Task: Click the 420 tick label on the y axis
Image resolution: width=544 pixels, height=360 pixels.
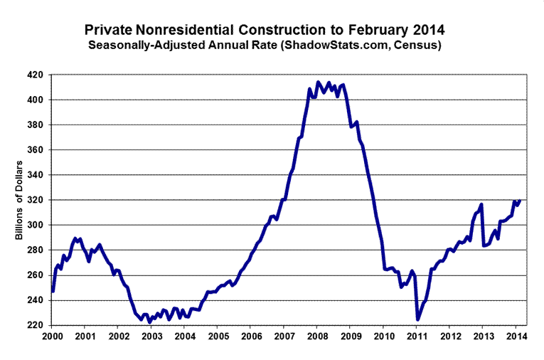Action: pos(36,75)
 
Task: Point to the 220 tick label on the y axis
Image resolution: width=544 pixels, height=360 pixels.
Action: pos(36,325)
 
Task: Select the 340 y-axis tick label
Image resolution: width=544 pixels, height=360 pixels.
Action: pos(36,175)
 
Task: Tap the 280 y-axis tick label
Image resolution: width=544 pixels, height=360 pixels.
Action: pos(36,250)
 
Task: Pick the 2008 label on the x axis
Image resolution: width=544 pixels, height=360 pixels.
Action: pos(317,336)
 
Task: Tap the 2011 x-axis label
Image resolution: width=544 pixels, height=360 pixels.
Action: pos(417,336)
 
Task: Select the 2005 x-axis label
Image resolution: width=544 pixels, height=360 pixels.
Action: pos(218,336)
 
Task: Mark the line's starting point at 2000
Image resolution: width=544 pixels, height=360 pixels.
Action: pos(53,292)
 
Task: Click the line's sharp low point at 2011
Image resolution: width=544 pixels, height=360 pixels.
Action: pos(418,319)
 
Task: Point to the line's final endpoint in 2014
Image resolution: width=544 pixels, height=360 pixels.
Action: pos(520,201)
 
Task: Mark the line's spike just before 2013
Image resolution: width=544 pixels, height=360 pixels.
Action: pos(481,205)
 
